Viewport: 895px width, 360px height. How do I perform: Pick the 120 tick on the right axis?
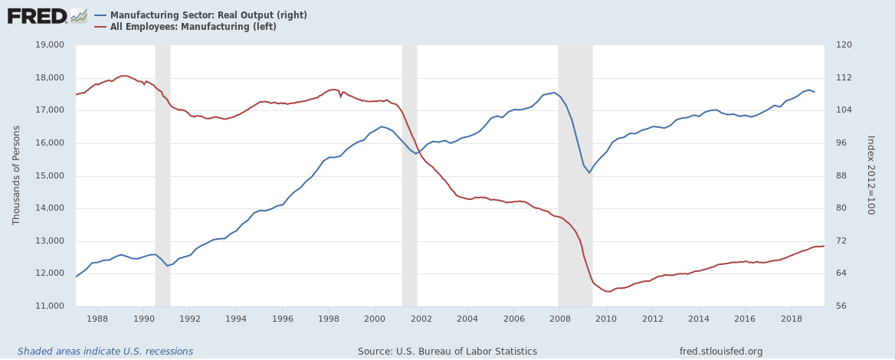point(842,45)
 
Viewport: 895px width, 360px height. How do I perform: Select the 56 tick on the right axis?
point(840,306)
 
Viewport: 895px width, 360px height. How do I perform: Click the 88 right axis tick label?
point(840,176)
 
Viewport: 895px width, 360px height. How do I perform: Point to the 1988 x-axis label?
point(97,318)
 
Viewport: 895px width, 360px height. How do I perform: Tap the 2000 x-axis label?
point(375,318)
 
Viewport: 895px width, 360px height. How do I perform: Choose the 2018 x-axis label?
point(791,318)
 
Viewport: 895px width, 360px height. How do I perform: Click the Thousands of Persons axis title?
point(17,176)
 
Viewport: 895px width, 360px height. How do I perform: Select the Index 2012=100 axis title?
point(870,175)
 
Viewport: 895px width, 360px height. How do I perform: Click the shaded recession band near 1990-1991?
point(162,176)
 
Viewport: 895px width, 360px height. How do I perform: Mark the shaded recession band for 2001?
point(409,176)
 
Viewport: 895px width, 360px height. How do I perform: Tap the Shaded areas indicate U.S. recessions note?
point(105,352)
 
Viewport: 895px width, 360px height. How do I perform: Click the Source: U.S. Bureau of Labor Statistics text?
point(447,352)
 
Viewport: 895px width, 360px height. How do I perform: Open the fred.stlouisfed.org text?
point(721,352)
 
